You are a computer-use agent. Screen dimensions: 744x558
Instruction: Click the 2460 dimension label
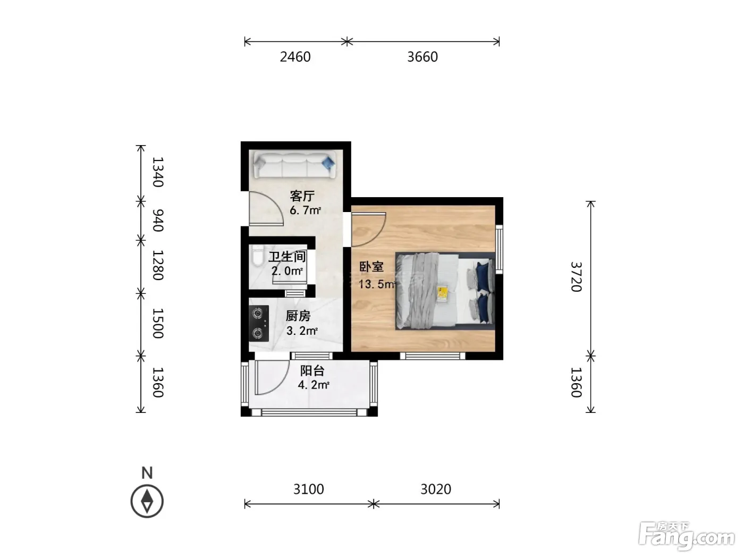(x=295, y=57)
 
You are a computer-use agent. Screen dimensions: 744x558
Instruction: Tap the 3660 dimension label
(x=422, y=57)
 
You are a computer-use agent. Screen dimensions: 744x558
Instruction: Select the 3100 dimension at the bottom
(x=308, y=489)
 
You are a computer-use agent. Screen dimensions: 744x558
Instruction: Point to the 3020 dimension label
(x=436, y=489)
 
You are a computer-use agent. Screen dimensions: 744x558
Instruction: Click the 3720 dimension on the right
(x=576, y=277)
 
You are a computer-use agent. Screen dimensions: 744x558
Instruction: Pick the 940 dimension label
(x=158, y=221)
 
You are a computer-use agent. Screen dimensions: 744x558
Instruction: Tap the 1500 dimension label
(x=158, y=323)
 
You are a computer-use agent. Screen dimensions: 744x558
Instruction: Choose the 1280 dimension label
(x=158, y=265)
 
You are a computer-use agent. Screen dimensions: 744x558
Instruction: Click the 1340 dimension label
(x=158, y=172)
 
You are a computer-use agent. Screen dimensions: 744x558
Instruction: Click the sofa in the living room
(x=294, y=165)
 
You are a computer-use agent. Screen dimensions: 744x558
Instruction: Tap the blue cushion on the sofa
(x=328, y=163)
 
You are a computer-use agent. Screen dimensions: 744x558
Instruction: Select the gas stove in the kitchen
(x=259, y=323)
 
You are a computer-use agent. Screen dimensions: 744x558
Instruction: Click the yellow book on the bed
(x=442, y=294)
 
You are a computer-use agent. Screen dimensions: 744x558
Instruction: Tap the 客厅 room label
(x=302, y=196)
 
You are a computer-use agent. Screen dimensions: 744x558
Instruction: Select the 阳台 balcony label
(x=312, y=370)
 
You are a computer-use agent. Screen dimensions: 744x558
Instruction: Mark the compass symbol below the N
(x=147, y=501)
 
